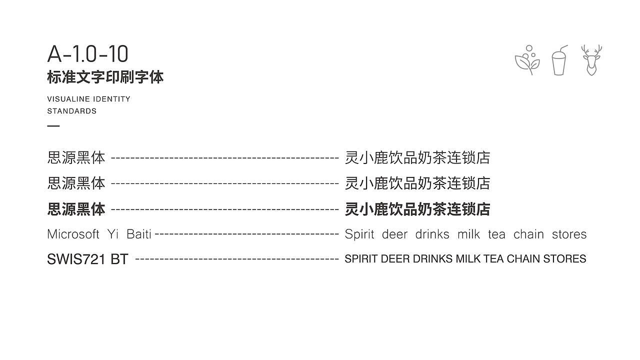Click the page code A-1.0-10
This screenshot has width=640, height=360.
[x=87, y=53]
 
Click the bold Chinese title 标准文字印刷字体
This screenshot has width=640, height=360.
[x=105, y=77]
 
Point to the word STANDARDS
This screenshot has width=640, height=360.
[x=72, y=111]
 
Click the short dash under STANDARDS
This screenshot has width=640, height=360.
[x=53, y=125]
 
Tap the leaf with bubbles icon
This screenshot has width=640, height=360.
[x=527, y=60]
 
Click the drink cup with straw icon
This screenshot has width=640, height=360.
[x=559, y=60]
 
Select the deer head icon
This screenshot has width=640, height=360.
[x=591, y=60]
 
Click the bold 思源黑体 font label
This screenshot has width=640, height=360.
[x=76, y=209]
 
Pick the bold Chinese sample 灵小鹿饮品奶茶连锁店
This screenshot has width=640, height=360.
[x=417, y=209]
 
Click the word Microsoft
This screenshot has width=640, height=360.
[x=73, y=234]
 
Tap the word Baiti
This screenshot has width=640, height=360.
[x=139, y=234]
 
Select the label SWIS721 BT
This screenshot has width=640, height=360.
[x=87, y=259]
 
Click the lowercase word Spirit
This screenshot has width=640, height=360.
[x=359, y=235]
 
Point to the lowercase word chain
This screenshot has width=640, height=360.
[x=528, y=234]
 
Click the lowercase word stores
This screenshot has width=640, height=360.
[x=569, y=235]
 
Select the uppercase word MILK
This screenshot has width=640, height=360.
[x=468, y=259]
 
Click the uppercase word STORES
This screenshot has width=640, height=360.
[x=564, y=259]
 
